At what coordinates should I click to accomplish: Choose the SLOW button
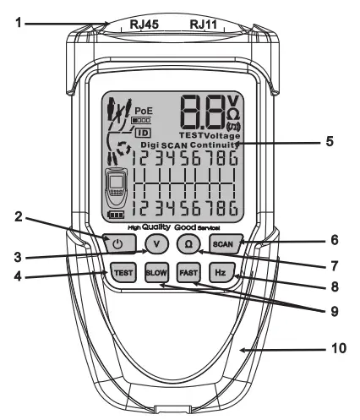click(x=155, y=273)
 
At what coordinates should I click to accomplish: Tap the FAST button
click(x=188, y=273)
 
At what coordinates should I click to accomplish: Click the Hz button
click(x=221, y=273)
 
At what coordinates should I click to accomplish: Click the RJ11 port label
click(x=205, y=25)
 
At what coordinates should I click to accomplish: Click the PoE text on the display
click(x=145, y=110)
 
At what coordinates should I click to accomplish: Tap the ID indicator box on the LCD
click(x=143, y=133)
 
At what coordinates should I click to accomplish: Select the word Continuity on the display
click(x=212, y=145)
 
